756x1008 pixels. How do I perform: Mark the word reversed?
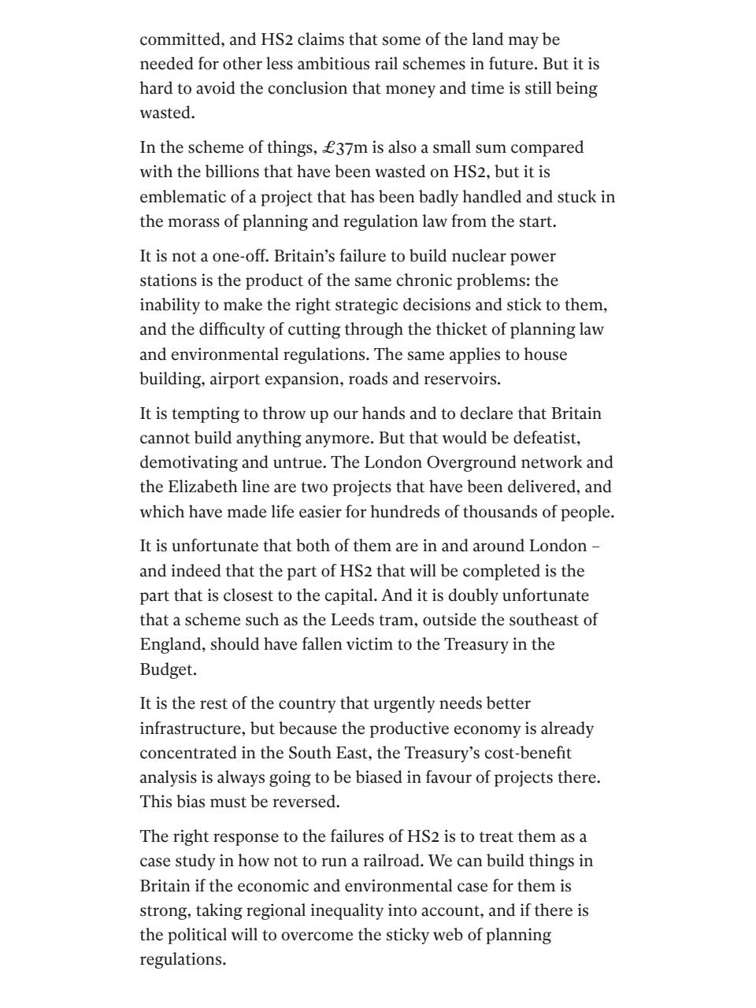point(290,802)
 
